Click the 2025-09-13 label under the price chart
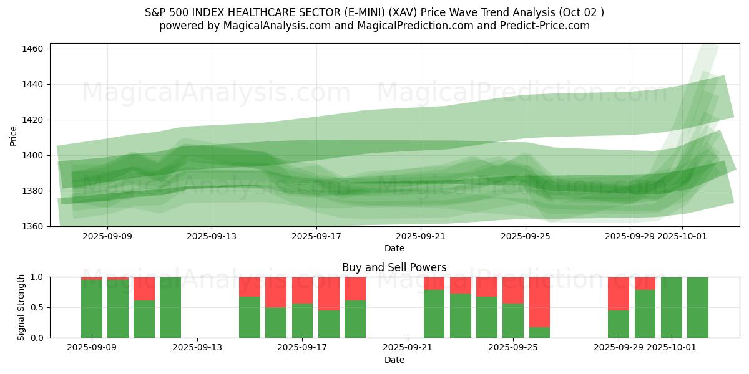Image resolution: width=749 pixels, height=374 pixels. coord(212,237)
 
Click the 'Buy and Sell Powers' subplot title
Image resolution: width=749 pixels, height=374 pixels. coord(394,267)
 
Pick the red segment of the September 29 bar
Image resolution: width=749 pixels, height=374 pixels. coord(619,293)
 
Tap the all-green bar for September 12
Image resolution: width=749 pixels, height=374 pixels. coord(170,307)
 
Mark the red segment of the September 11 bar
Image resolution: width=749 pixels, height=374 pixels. coord(144,288)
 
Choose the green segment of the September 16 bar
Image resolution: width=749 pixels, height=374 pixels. coord(276,322)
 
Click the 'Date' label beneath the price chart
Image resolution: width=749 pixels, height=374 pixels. coord(394,248)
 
